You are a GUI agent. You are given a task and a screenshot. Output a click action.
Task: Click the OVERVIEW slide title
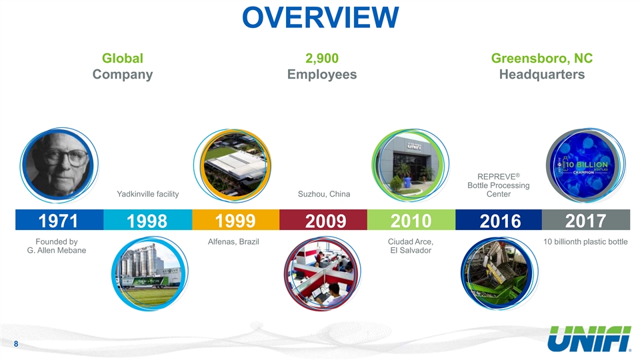coord(321,17)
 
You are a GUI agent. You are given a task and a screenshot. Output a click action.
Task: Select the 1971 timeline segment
coord(59,220)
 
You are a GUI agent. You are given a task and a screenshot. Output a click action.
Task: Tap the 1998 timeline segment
coord(148,220)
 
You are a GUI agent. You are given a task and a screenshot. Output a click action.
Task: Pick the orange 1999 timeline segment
coord(236,220)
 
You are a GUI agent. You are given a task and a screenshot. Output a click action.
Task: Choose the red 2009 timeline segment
coord(323,220)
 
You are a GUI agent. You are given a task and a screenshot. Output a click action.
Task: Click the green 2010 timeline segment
coord(411,220)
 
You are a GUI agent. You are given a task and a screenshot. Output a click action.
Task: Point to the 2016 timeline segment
coord(499,220)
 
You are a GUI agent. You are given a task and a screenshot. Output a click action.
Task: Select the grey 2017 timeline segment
coord(586,220)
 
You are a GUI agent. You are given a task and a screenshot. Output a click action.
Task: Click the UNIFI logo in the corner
coord(589,339)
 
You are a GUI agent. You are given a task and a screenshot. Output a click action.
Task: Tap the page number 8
coord(16,344)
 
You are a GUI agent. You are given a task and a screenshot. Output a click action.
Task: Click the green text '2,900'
coord(322,59)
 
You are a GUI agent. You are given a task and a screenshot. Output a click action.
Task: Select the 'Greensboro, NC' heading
coord(542,59)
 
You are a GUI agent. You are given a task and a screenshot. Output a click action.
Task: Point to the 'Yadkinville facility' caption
coord(148,194)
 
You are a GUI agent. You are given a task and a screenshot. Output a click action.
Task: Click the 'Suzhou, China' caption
coord(324,194)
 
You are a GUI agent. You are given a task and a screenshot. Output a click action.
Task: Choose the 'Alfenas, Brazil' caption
coord(233,241)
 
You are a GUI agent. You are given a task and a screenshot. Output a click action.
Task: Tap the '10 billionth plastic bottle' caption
coord(585,241)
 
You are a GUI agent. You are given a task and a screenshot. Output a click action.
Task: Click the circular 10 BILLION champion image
coord(585,165)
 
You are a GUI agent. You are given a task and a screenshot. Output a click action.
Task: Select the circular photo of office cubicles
coord(323,273)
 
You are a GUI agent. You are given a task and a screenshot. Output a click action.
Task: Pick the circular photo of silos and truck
coord(149,273)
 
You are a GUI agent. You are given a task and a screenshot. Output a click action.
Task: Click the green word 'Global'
coord(123,59)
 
